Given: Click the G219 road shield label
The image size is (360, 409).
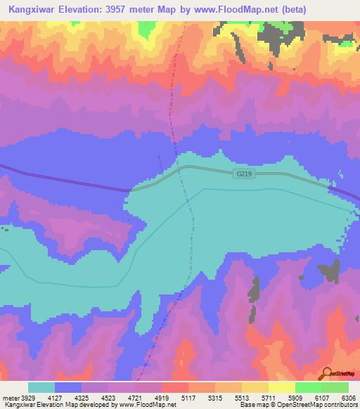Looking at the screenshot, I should [x=244, y=172].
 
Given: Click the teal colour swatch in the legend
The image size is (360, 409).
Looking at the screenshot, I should [x=41, y=387].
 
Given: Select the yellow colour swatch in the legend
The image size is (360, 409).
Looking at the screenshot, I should [x=281, y=387].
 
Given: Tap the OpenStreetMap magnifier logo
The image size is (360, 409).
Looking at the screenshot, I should [x=326, y=374].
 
